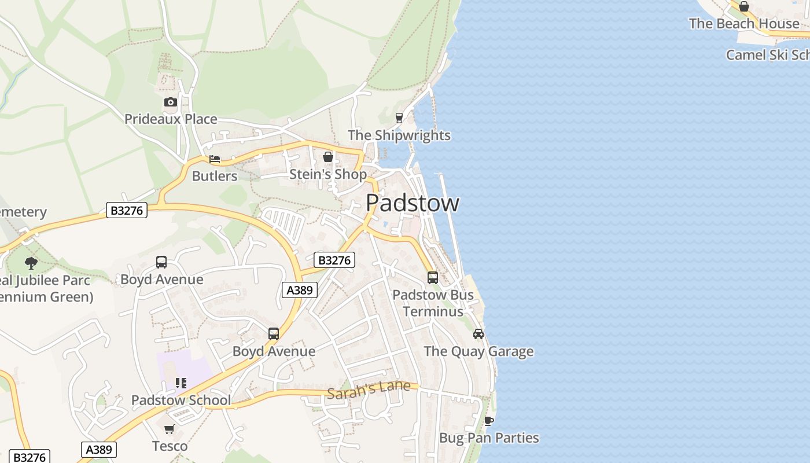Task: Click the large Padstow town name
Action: [413, 203]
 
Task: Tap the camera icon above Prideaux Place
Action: [170, 102]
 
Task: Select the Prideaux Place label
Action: [171, 119]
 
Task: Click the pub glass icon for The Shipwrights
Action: [399, 118]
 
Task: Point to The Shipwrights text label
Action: [399, 135]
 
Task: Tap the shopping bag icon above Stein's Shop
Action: [328, 157]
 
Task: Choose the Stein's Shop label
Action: [327, 174]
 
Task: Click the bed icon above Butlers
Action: [215, 159]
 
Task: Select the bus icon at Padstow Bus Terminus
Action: [433, 278]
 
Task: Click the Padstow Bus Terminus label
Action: [433, 303]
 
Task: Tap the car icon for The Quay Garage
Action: [478, 334]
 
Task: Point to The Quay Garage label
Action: [478, 351]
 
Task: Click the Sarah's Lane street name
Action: [369, 390]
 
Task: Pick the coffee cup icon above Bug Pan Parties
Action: [489, 421]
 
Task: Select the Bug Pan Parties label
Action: [489, 438]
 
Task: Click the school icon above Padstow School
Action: [181, 383]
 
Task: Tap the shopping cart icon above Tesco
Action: [170, 429]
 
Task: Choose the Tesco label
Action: [170, 446]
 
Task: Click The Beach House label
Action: [743, 24]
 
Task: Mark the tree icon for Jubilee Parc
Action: [31, 263]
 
